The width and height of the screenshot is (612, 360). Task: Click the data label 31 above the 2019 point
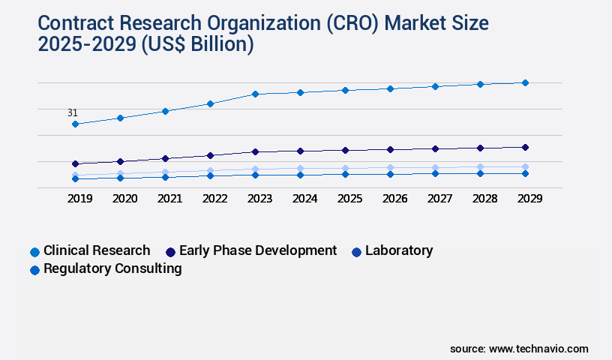click(x=73, y=113)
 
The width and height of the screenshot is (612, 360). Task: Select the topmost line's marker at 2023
click(x=255, y=94)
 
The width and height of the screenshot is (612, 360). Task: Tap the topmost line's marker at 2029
click(x=525, y=82)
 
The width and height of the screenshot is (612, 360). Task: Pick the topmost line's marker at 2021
click(x=165, y=111)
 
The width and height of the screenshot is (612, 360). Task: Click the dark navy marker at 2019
click(x=75, y=163)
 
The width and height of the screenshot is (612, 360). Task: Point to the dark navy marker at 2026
click(x=390, y=149)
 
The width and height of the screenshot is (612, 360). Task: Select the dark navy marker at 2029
click(x=525, y=147)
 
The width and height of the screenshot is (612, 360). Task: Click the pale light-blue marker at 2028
click(x=480, y=167)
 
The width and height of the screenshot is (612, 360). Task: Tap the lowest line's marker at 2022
click(x=210, y=175)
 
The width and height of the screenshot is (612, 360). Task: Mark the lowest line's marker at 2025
click(x=345, y=174)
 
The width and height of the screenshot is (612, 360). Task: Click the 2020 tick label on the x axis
click(x=124, y=199)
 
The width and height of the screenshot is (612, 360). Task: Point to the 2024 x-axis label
click(x=304, y=199)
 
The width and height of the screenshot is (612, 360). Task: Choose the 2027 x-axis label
click(x=439, y=199)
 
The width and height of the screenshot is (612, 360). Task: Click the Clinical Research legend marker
click(x=34, y=252)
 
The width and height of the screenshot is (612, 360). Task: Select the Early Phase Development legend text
click(x=258, y=250)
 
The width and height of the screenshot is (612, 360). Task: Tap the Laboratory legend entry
click(x=398, y=250)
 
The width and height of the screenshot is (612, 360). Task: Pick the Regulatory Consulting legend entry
click(x=112, y=268)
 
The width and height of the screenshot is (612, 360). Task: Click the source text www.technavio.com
click(x=538, y=349)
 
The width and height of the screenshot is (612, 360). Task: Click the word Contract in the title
click(x=68, y=23)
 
